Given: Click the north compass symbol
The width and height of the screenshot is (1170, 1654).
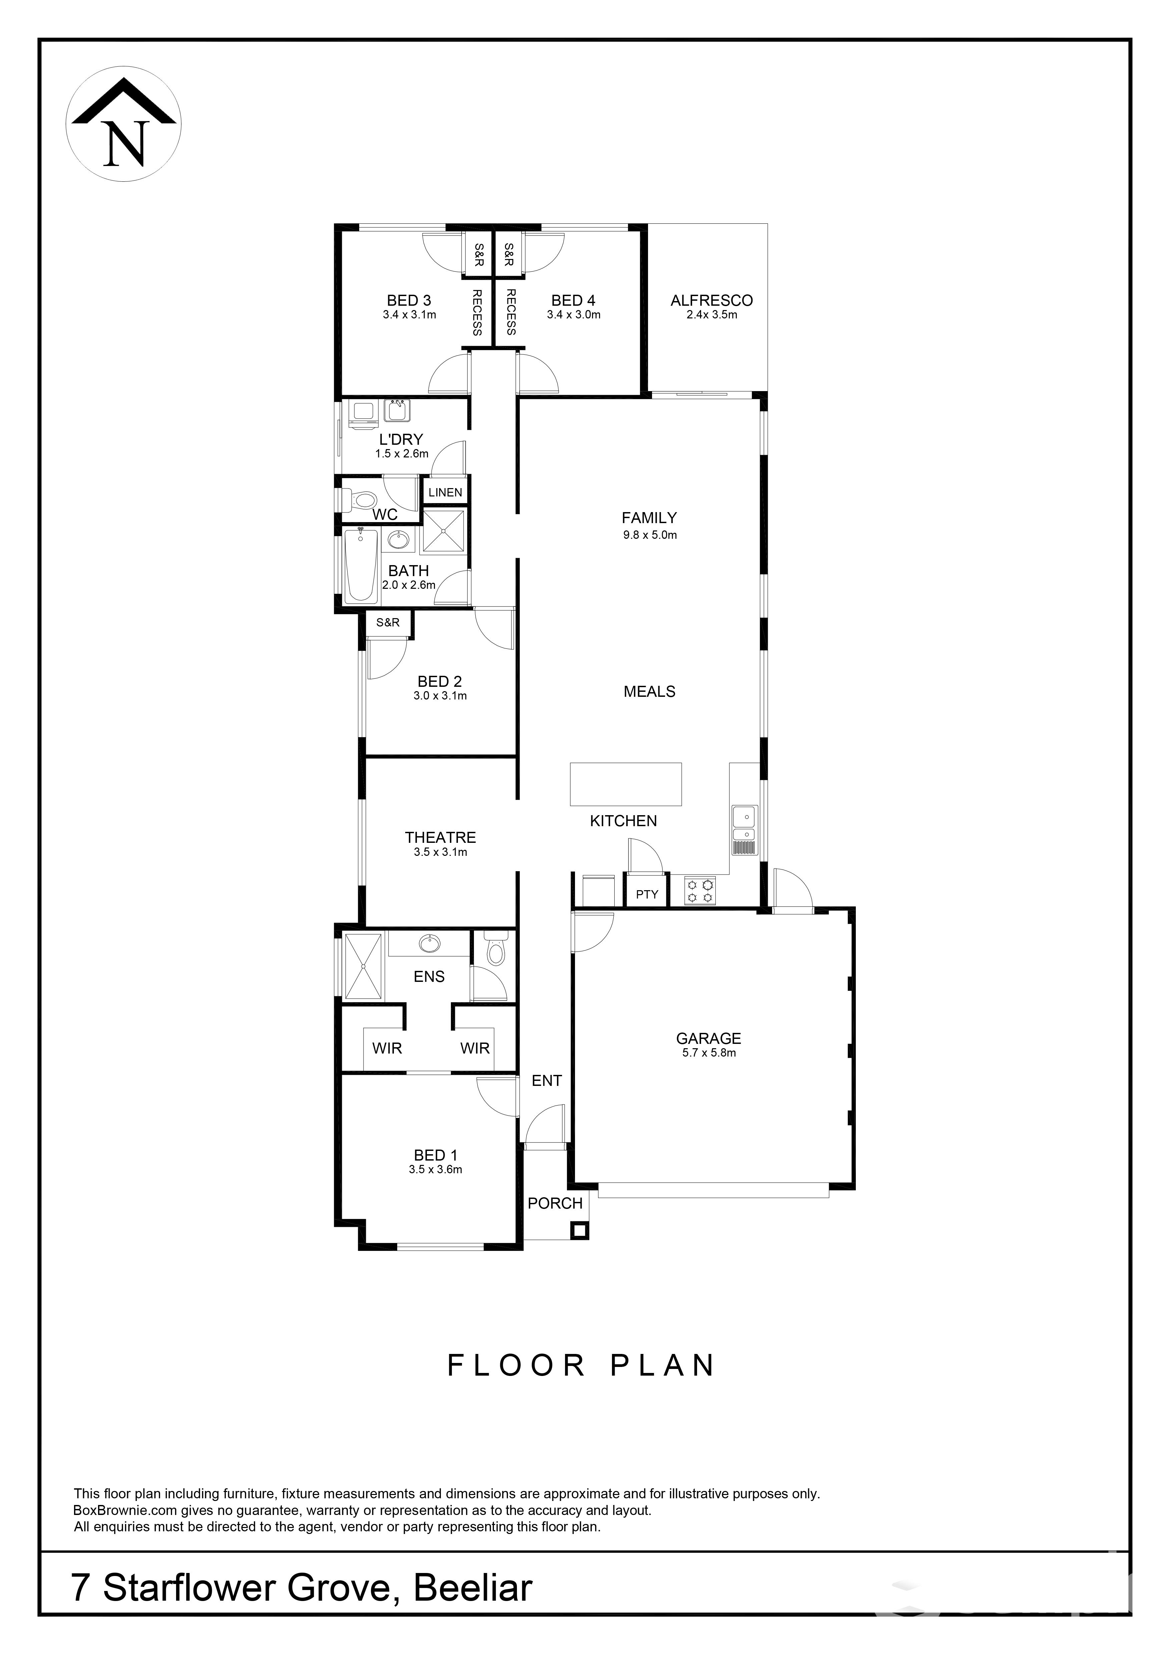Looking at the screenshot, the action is tap(123, 124).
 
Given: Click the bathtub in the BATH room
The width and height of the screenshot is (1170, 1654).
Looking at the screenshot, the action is tap(361, 565).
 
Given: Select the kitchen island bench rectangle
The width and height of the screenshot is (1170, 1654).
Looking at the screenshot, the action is tap(625, 784).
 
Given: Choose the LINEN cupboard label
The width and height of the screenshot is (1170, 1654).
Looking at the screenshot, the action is tap(445, 493).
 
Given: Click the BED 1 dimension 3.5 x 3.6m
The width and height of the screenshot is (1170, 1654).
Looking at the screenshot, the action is tap(435, 1169).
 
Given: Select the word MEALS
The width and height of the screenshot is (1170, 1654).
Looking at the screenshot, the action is tap(649, 691).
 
